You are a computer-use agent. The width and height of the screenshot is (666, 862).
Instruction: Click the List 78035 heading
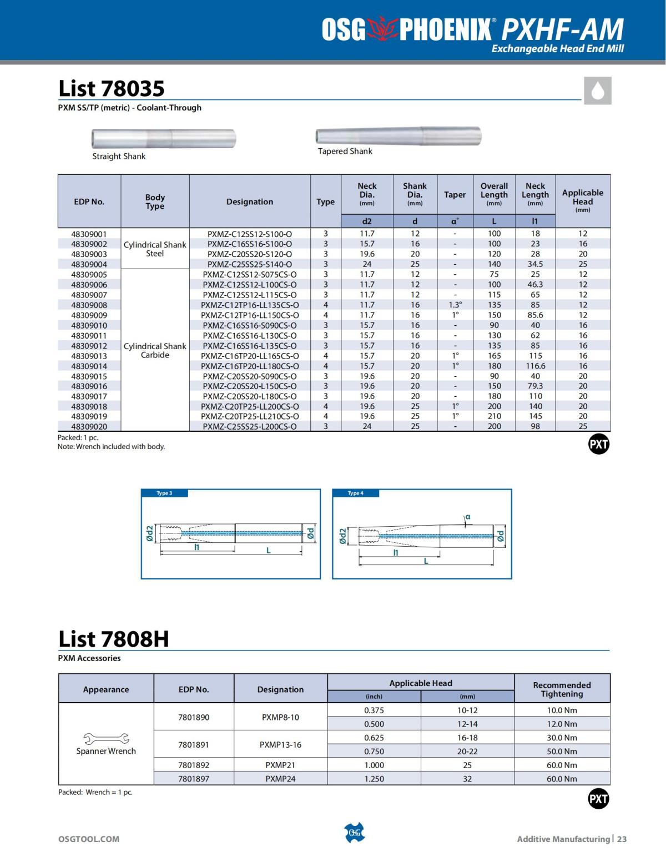[x=112, y=88]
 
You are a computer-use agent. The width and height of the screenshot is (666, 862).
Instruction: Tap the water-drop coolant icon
[x=598, y=90]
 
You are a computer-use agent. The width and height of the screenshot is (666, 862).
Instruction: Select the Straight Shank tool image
[x=164, y=138]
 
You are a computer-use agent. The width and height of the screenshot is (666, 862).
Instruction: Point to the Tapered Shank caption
[x=345, y=151]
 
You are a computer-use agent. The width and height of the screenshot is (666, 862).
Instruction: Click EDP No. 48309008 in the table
[x=89, y=305]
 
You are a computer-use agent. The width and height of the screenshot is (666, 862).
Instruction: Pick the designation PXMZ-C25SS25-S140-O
[x=249, y=264]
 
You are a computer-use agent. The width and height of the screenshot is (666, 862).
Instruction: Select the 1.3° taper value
[x=455, y=305]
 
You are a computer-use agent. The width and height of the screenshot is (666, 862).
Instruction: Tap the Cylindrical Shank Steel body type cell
[x=155, y=249]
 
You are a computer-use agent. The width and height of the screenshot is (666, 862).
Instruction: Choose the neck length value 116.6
[x=535, y=366]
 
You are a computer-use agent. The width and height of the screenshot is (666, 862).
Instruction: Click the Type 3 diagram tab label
[x=164, y=493]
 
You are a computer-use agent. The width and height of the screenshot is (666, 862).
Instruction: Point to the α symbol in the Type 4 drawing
[x=467, y=517]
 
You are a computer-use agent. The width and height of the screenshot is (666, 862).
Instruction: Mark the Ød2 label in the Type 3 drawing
[x=149, y=534]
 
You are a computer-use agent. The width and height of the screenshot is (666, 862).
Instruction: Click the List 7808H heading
[x=113, y=639]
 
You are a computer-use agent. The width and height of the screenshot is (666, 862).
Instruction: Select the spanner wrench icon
[x=105, y=738]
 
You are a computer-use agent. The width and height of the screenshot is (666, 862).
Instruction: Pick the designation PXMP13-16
[x=280, y=744]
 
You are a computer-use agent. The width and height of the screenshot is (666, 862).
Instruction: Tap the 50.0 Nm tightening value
[x=562, y=751]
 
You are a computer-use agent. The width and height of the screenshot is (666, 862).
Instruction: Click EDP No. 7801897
[x=194, y=779]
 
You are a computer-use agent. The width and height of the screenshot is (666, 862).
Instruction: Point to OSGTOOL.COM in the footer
[x=89, y=839]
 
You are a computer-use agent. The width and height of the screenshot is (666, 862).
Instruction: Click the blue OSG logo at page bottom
[x=355, y=833]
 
